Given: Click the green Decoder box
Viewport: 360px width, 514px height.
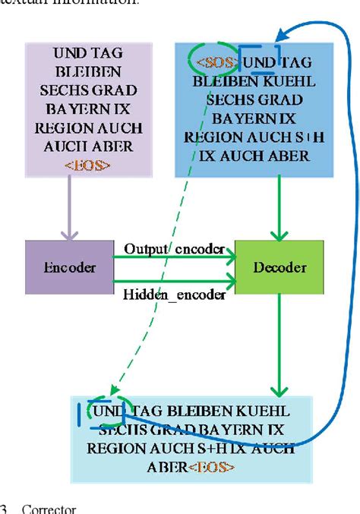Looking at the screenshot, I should [279, 268].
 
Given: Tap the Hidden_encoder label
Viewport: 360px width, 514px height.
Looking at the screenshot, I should [175, 295].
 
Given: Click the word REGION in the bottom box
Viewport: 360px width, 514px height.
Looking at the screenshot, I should [113, 449].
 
